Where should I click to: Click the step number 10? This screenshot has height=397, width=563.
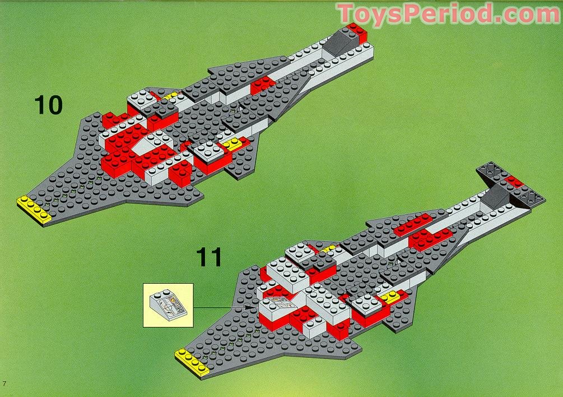pos(48,105)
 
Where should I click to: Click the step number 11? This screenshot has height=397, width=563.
pos(208,257)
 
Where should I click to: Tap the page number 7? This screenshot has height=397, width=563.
pos(4,384)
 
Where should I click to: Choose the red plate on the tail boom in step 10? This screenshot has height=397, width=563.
pos(262,85)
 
